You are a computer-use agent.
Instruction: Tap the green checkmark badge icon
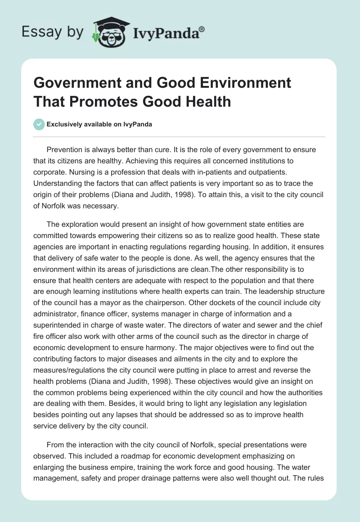[x=39, y=124]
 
